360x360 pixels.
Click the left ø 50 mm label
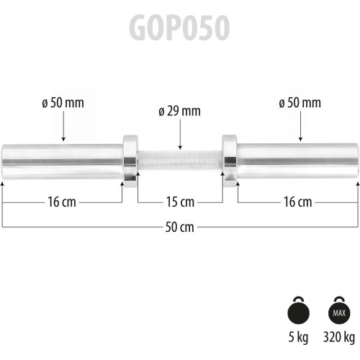click(63, 102)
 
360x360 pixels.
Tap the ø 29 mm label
click(179, 111)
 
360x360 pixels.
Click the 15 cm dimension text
click(179, 202)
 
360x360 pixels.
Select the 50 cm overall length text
click(179, 228)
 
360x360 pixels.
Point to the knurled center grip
click(179, 157)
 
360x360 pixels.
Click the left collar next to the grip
click(130, 157)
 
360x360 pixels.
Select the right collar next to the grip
click(229, 157)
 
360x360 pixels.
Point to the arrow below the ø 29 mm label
click(179, 135)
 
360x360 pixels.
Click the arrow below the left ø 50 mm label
click(63, 127)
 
